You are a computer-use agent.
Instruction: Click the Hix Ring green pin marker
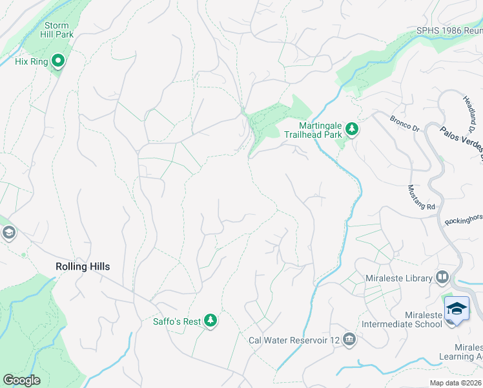click(x=58, y=62)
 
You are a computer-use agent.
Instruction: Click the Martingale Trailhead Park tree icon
click(x=352, y=129)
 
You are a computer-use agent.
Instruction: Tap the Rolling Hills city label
click(x=82, y=266)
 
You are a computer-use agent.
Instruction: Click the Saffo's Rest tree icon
click(x=210, y=321)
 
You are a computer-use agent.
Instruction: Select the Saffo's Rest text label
click(x=177, y=321)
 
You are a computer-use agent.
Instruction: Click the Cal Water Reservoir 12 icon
click(x=349, y=339)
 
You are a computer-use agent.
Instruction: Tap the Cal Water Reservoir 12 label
click(x=294, y=340)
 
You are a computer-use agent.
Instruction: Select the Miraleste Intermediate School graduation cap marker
click(x=457, y=308)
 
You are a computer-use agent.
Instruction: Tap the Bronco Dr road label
click(x=404, y=123)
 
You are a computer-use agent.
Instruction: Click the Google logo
click(x=21, y=380)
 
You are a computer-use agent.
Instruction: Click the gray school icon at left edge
click(x=8, y=232)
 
